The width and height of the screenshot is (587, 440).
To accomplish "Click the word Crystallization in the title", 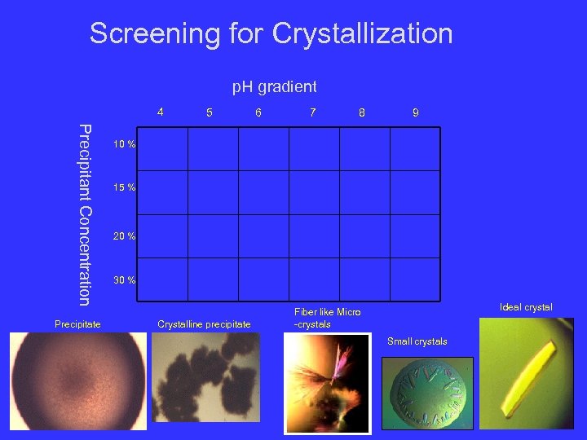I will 362,33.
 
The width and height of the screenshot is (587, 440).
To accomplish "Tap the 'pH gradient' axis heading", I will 275,86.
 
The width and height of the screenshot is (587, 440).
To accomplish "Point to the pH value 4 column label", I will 161,112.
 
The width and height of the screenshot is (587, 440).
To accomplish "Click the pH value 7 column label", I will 312,112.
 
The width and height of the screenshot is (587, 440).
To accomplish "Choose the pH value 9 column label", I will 415,112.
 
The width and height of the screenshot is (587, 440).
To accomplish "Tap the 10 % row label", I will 125,144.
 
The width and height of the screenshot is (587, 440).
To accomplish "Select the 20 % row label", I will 125,236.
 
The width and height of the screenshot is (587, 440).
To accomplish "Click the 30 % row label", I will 125,280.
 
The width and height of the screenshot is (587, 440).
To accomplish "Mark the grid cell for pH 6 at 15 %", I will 263,192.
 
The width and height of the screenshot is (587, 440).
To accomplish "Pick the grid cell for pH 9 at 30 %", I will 415,280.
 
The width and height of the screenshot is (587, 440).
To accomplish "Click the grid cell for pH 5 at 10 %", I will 213,148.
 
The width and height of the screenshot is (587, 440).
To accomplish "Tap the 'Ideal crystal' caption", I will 526,307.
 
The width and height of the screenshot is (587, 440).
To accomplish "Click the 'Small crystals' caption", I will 417,341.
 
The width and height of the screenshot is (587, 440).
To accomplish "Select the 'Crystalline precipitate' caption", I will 204,324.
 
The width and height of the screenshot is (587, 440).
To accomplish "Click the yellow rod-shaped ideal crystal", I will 526,375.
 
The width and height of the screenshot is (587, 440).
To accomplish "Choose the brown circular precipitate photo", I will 79,381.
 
